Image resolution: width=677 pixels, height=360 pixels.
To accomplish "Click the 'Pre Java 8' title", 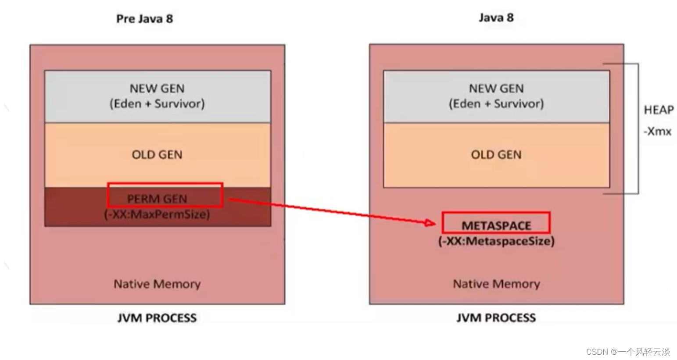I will pos(144,19).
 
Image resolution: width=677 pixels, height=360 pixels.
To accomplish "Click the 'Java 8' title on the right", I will pos(496,18).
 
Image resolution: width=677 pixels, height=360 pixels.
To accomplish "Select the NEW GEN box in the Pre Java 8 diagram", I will pos(157,96).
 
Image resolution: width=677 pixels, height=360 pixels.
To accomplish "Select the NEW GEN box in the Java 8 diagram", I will pos(496,96).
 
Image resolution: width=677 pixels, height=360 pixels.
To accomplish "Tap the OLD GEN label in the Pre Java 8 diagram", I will pos(157,154).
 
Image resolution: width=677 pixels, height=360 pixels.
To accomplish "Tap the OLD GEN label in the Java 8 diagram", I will pos(496,154).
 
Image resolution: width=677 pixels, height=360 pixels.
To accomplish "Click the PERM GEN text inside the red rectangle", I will pos(157,199).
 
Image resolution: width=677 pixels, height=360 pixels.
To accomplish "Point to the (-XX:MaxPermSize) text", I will pos(157,214).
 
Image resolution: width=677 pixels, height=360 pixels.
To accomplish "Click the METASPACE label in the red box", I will pos(496,225).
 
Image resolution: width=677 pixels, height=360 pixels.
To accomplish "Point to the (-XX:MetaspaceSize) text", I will pos(496,241).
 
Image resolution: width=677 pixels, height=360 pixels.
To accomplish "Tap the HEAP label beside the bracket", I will pos(659,110).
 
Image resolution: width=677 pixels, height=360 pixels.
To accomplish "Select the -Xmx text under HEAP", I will pos(657,131).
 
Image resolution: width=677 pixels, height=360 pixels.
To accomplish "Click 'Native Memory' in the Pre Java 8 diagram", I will pos(157,284).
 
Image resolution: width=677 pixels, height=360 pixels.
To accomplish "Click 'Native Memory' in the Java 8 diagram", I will pos(496,284).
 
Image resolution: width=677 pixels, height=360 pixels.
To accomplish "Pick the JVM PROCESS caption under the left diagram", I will pos(157,318).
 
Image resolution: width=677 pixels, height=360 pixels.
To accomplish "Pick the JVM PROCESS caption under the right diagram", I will pos(496,318).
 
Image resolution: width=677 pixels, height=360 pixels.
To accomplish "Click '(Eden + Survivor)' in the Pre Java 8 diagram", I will pos(157,104).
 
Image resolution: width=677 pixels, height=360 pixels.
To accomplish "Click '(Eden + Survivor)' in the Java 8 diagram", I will pos(496,104).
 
